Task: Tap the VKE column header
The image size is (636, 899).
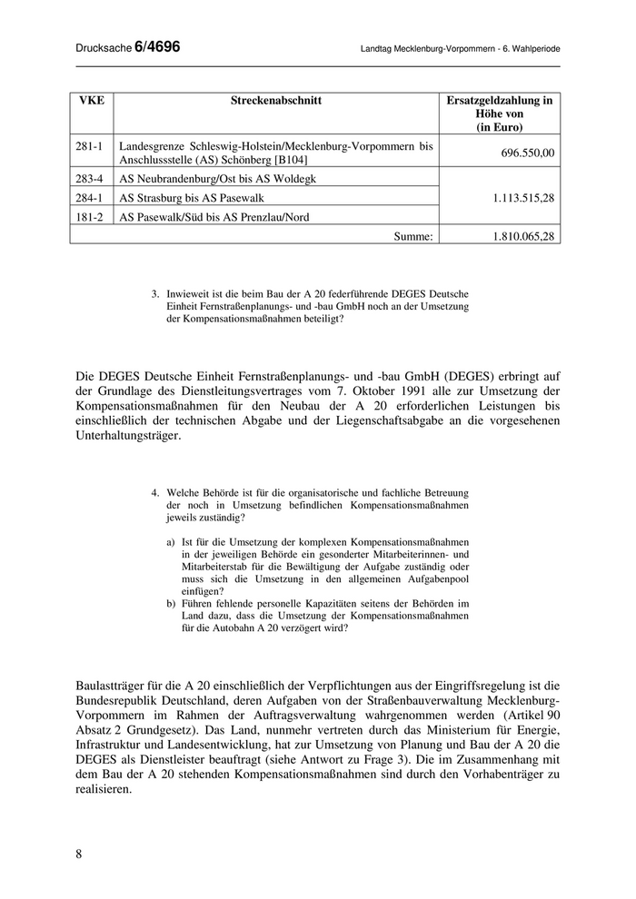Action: pos(93,101)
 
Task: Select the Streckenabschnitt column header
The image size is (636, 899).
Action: pos(277,101)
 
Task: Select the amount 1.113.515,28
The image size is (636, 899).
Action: pos(520,197)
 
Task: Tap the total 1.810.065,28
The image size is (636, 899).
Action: pos(520,235)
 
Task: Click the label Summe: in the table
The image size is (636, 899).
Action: pos(414,235)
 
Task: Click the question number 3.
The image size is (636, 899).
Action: pos(155,293)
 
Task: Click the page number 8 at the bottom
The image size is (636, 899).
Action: pos(79,854)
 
